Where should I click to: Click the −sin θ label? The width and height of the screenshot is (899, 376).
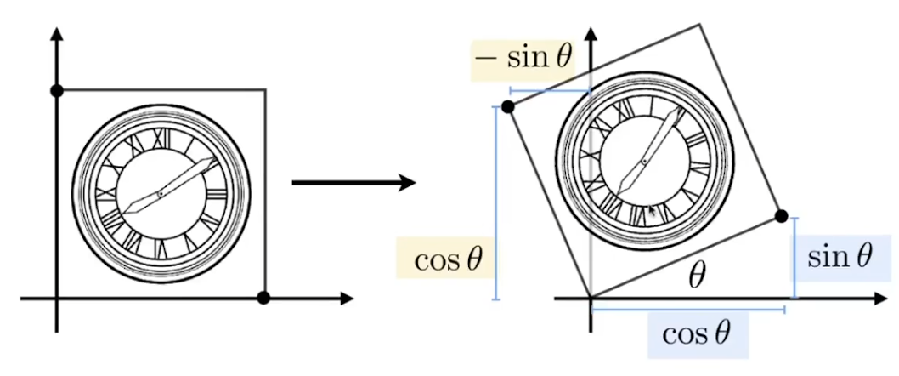tap(523, 59)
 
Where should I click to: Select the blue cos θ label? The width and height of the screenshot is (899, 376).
tap(696, 333)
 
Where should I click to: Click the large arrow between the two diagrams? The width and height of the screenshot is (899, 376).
tap(353, 183)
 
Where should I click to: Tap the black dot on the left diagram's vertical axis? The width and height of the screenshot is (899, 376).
tap(57, 90)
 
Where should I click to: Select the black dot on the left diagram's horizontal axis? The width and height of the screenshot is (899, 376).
tap(263, 298)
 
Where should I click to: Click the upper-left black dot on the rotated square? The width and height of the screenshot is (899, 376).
tap(508, 106)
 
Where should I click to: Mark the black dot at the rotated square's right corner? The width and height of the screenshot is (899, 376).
tap(782, 216)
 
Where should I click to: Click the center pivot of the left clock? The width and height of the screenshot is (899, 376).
tap(161, 195)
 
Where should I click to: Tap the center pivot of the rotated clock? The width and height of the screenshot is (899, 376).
tap(645, 161)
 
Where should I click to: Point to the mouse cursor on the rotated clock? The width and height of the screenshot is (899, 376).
tap(651, 211)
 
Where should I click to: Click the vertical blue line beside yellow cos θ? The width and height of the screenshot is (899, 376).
tap(495, 204)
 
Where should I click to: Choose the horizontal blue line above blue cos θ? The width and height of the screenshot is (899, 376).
tap(687, 310)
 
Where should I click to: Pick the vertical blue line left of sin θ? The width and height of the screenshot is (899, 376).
tap(794, 258)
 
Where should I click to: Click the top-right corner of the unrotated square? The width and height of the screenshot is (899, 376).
tap(266, 89)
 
